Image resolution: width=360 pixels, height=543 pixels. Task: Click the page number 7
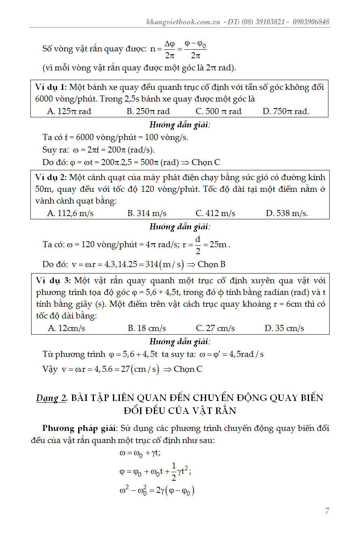[327, 511]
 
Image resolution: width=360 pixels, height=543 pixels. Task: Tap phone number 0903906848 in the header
[309, 22]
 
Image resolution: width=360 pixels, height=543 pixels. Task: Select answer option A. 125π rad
[69, 111]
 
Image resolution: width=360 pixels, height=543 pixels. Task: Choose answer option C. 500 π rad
[218, 111]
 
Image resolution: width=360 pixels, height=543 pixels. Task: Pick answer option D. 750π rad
[286, 111]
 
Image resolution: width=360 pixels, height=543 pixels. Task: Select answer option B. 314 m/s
[147, 213]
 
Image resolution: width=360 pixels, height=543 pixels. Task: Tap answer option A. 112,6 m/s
[70, 213]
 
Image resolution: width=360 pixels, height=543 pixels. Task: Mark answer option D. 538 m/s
[287, 213]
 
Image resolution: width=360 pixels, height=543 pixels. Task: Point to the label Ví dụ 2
[51, 178]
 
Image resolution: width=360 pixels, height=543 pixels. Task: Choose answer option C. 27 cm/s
[215, 328]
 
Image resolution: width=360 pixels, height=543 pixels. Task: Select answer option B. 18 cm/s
[147, 328]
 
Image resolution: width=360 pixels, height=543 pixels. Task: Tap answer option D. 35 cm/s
[284, 328]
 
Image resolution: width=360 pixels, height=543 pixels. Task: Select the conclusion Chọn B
[211, 265]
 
